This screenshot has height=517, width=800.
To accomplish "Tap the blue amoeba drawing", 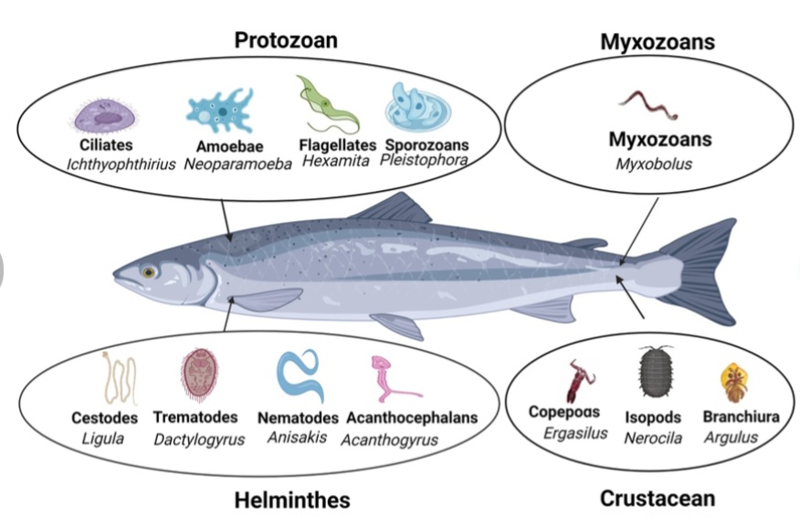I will coord(219,109).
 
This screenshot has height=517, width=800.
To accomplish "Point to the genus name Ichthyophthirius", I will coord(121,164).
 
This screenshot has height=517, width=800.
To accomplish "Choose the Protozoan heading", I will coord(286,40).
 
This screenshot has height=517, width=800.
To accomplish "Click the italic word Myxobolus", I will coord(654,164).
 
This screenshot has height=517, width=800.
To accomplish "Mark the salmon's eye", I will coord(148,271).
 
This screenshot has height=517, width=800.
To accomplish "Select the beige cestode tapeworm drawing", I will coord(120,376).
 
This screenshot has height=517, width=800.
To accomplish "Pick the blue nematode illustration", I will coord(301,375).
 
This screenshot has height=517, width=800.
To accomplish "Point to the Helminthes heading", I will coord(291,500).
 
